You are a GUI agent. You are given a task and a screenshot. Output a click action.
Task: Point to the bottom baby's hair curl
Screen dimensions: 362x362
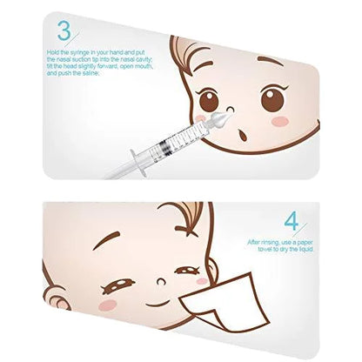tap(188, 217)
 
